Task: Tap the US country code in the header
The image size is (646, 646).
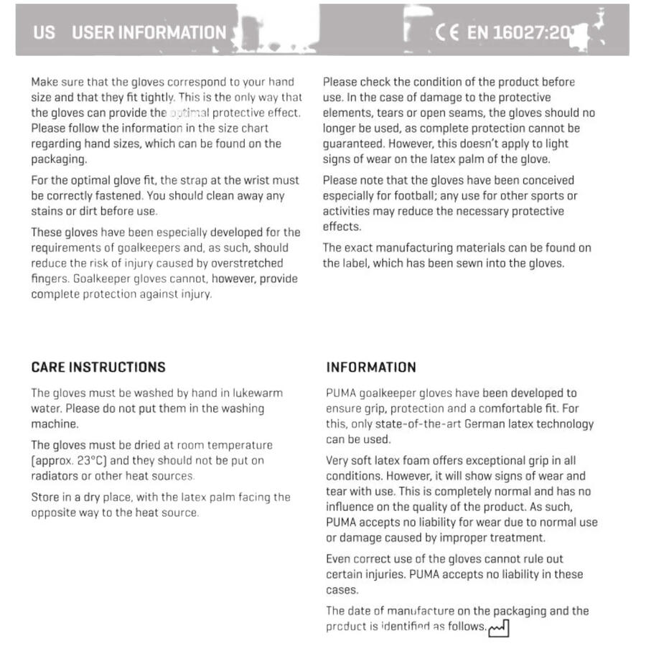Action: (43, 32)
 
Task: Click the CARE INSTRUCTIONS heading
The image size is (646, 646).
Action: (98, 367)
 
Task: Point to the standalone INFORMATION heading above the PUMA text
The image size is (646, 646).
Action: (371, 367)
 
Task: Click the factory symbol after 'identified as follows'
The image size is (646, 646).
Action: (498, 629)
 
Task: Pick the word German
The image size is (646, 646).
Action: (485, 424)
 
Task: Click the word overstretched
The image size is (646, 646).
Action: (248, 263)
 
